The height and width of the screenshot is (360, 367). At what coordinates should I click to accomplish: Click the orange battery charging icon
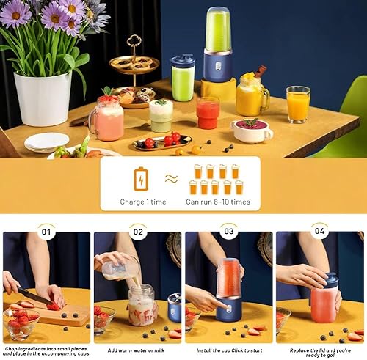(141, 179)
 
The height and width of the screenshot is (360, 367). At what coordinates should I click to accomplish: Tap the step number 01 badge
(46, 232)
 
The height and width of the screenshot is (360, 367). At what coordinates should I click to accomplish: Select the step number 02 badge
(138, 232)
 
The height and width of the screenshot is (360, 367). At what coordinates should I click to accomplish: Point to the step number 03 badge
(229, 231)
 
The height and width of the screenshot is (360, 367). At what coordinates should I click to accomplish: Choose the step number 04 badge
(320, 231)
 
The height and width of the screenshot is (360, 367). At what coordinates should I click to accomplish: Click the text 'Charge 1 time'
(143, 202)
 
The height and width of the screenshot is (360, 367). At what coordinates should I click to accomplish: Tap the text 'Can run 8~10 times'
(218, 202)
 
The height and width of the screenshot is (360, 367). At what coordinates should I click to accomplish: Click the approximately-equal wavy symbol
(171, 179)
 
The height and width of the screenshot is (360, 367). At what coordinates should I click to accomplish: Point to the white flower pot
(43, 98)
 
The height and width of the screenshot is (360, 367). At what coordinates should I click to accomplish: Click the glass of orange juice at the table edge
(298, 104)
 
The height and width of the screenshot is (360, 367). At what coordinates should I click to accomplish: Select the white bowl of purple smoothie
(252, 131)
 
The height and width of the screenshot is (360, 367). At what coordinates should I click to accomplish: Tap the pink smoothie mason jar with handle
(107, 119)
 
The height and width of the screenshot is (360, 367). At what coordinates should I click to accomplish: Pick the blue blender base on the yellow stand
(217, 65)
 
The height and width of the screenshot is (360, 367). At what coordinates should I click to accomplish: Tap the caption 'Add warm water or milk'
(136, 350)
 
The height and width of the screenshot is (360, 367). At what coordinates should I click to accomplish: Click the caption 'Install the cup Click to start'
(229, 350)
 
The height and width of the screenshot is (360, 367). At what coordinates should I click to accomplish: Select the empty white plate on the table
(46, 142)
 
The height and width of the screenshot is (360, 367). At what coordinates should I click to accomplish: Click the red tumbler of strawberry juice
(208, 113)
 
